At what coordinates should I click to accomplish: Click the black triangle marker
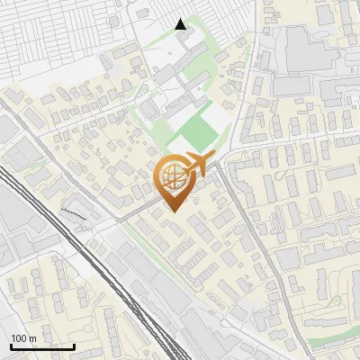pyautogui.click(x=181, y=24)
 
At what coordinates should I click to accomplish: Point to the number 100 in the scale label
pyautogui.click(x=20, y=338)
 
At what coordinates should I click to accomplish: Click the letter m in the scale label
pyautogui.click(x=33, y=338)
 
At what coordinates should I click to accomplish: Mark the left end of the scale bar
pyautogui.click(x=11, y=346)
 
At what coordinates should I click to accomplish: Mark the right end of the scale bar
pyautogui.click(x=74, y=346)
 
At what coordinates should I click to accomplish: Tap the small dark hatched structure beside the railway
pyautogui.click(x=76, y=211)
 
